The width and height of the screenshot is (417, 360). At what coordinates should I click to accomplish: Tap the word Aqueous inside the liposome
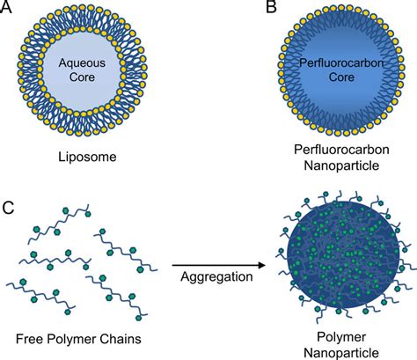(x=101, y=63)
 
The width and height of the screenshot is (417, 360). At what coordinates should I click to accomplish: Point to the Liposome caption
(x=101, y=158)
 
